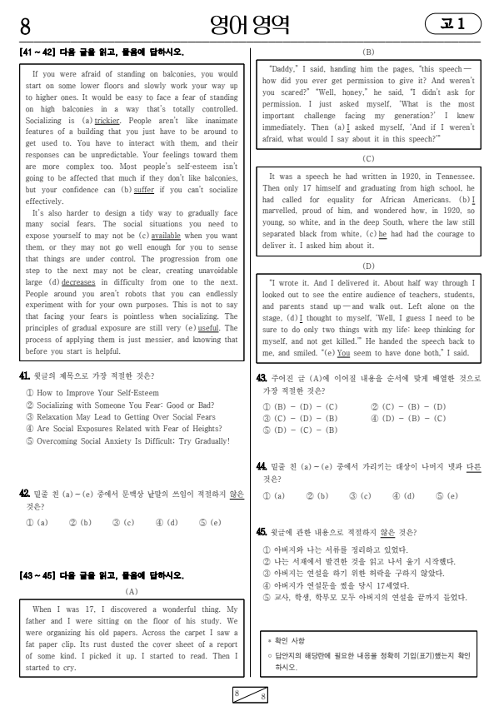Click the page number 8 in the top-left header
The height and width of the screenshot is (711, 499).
[26, 27]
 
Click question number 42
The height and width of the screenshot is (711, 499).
[24, 494]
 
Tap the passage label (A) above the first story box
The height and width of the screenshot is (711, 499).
[131, 591]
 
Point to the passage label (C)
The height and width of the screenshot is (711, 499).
[369, 158]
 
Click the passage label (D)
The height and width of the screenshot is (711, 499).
[369, 266]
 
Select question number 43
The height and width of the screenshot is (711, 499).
[261, 377]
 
